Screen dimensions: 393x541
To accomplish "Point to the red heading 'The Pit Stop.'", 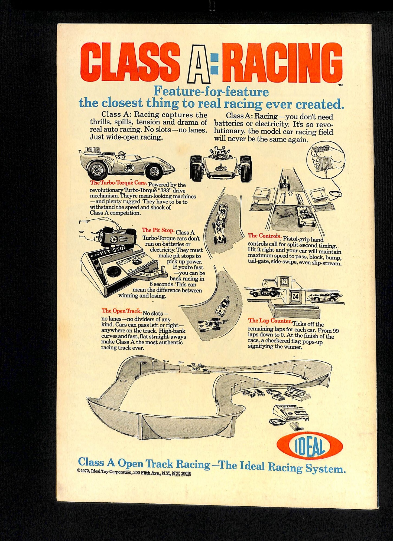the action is (x=158, y=230).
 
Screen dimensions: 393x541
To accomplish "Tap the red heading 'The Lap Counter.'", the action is (x=270, y=321).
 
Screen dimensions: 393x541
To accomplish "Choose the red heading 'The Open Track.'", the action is (x=122, y=311).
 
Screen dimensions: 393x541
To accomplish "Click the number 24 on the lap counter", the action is (x=295, y=296).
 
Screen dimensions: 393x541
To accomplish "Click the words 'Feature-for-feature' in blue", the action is (x=211, y=91).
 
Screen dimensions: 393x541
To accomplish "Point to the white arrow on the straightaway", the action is (x=290, y=194).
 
